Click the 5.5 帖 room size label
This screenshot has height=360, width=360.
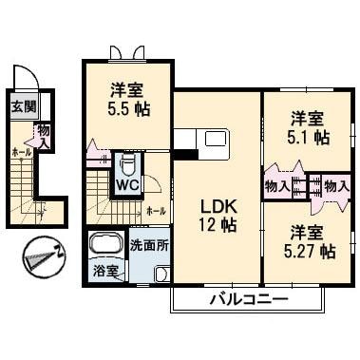(x=126, y=110)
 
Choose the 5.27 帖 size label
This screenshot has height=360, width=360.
(x=307, y=252)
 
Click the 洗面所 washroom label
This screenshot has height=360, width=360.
(x=149, y=245)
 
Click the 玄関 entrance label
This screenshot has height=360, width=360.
(x=24, y=106)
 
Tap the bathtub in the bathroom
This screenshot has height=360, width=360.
(x=106, y=245)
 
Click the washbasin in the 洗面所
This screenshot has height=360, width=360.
(x=161, y=274)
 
